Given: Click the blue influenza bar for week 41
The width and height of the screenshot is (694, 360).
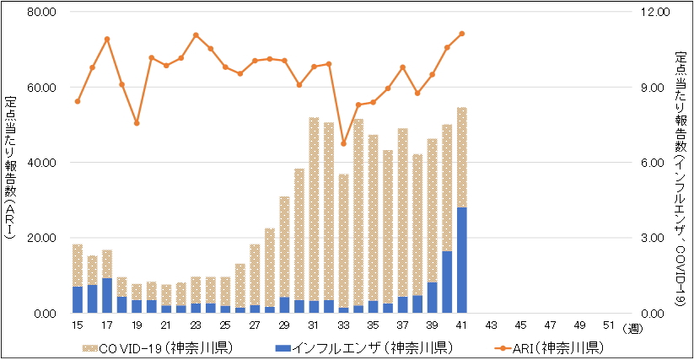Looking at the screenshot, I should pyautogui.click(x=461, y=260).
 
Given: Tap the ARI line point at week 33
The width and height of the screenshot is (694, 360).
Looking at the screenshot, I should pyautogui.click(x=343, y=143).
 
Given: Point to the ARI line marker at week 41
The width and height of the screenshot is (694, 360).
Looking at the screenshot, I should pyautogui.click(x=462, y=34).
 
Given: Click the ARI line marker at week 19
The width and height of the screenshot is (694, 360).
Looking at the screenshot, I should pyautogui.click(x=137, y=123).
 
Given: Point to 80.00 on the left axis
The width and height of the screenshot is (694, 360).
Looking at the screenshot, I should pyautogui.click(x=40, y=13).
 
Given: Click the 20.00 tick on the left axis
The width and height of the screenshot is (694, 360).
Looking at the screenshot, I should pyautogui.click(x=40, y=238).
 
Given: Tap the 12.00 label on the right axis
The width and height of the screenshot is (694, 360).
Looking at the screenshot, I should pyautogui.click(x=656, y=13).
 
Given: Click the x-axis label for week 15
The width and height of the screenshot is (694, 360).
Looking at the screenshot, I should pyautogui.click(x=78, y=325).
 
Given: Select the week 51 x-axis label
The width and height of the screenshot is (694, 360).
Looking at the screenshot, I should pyautogui.click(x=610, y=325).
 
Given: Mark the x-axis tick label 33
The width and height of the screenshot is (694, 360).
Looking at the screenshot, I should pyautogui.click(x=343, y=325).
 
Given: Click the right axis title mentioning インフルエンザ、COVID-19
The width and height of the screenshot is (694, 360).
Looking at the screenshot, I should pyautogui.click(x=682, y=164).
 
